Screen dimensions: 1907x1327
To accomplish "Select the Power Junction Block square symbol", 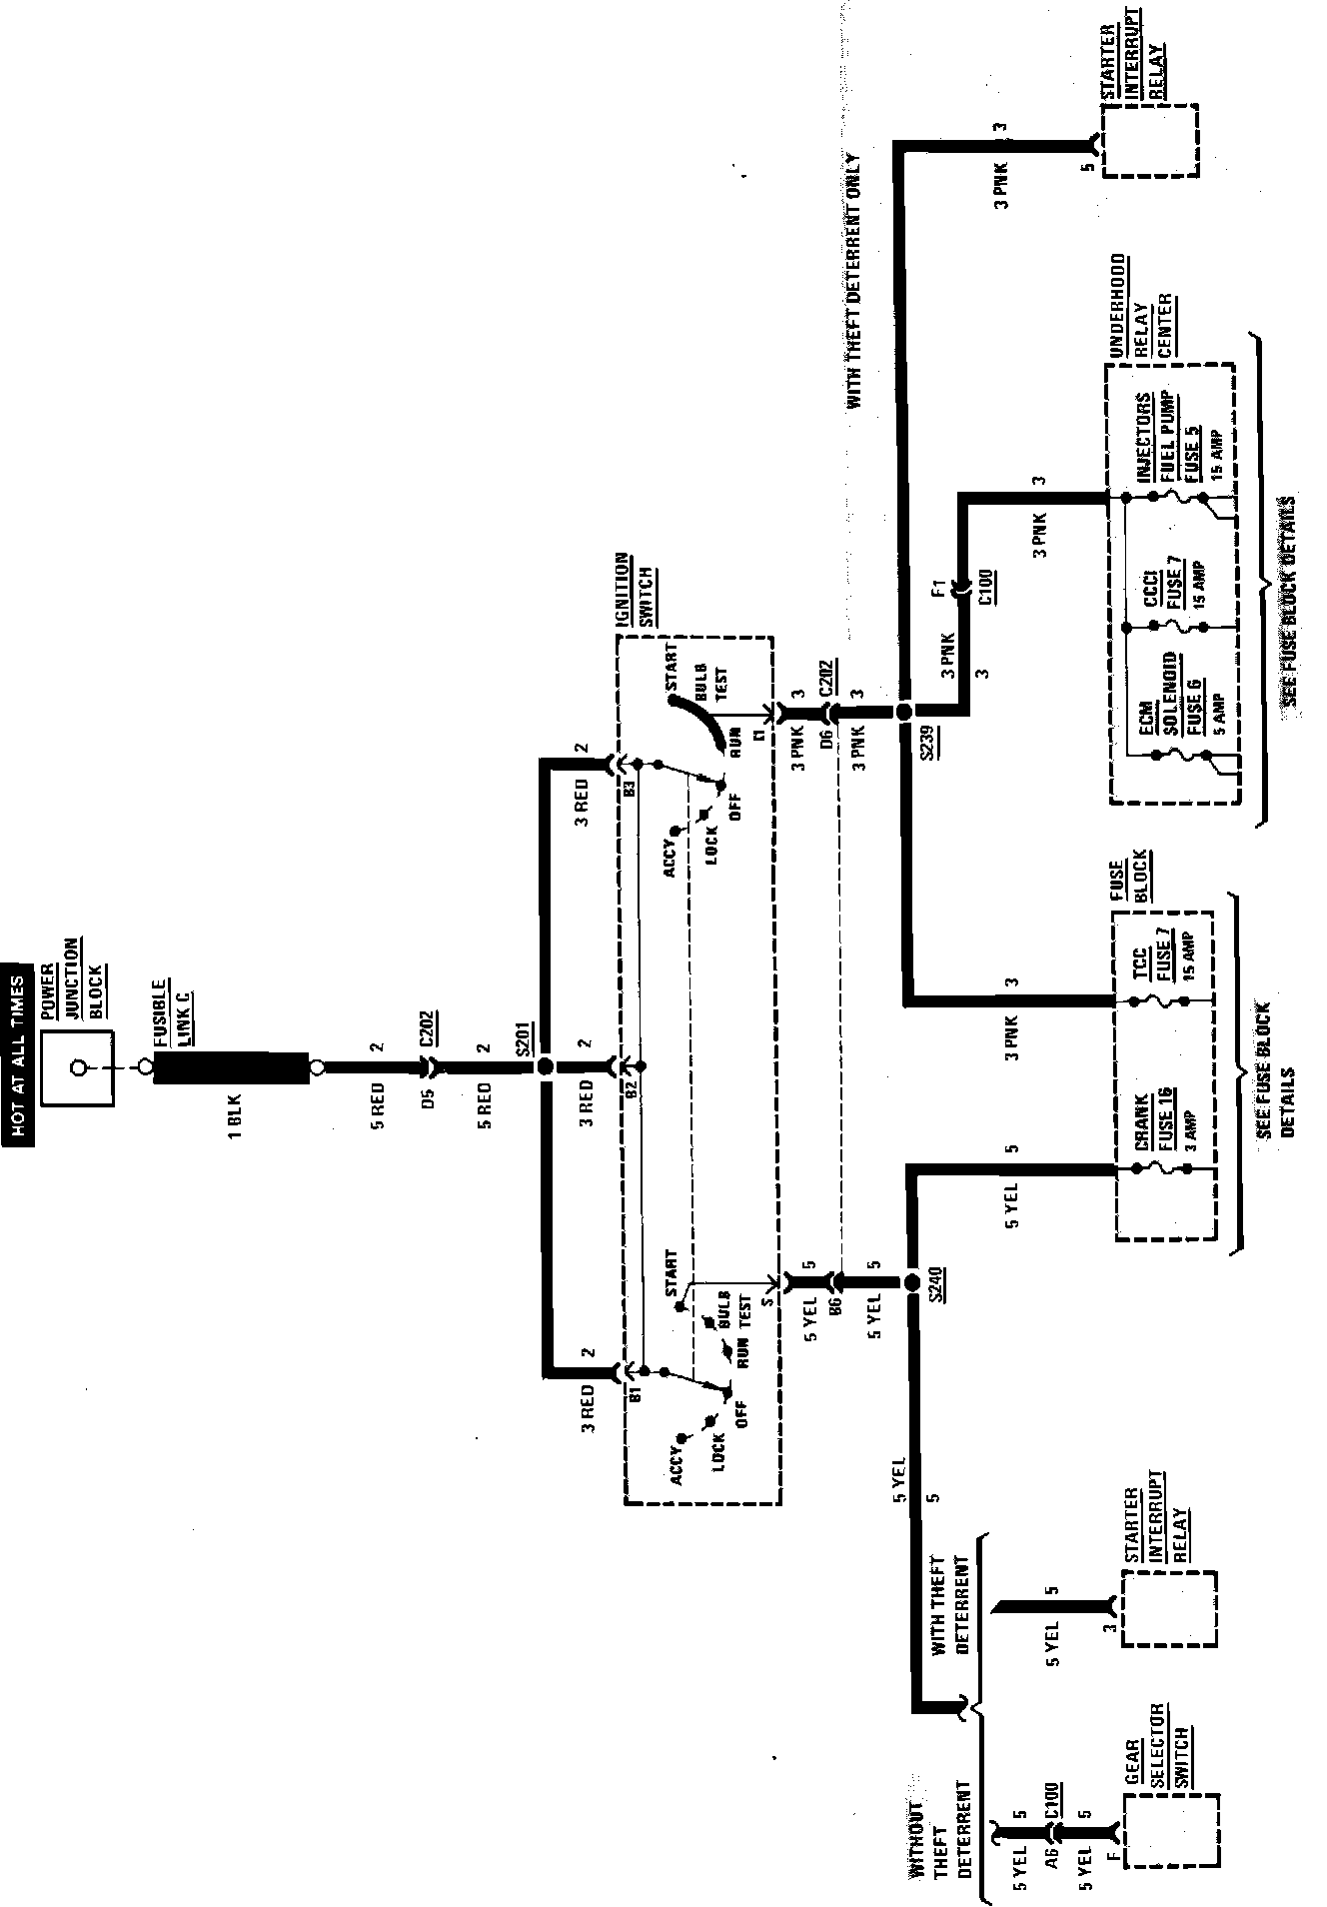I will [x=78, y=1067].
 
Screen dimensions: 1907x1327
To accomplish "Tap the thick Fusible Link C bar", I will [x=233, y=1067].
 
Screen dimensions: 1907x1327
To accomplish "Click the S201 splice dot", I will [x=545, y=1066].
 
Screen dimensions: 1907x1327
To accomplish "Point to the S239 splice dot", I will [x=903, y=711].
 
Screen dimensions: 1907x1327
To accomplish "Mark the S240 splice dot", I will [x=911, y=1282].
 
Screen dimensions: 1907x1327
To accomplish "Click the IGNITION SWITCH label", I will [x=635, y=590].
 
